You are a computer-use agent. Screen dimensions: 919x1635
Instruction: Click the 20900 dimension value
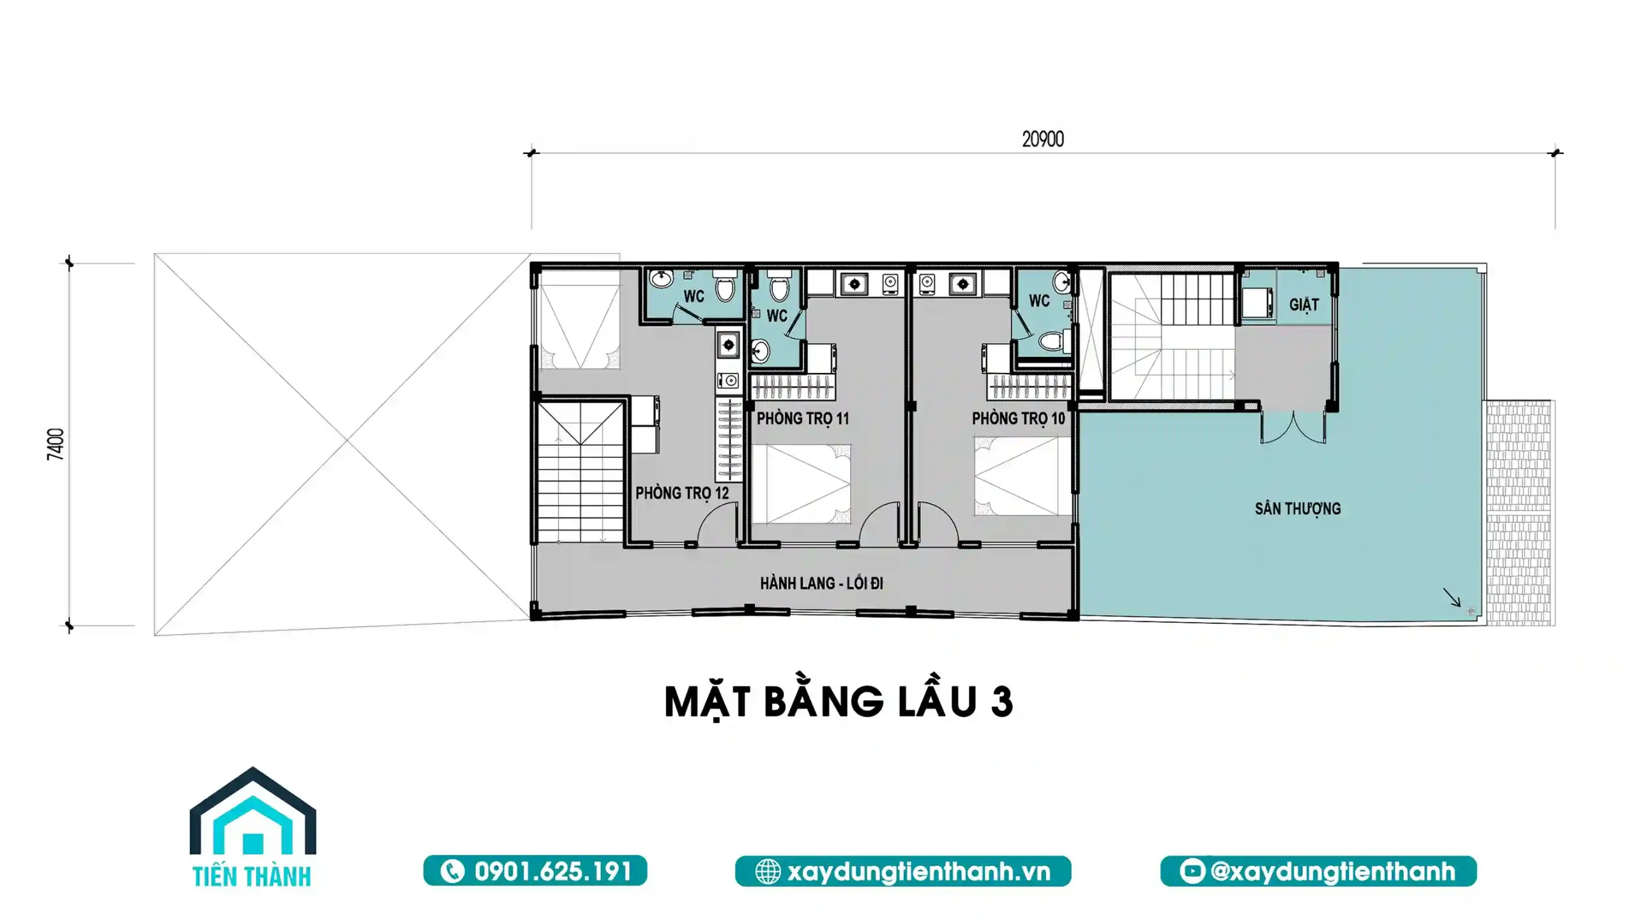[x=1042, y=139]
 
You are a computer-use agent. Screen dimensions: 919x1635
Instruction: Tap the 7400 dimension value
[x=56, y=444]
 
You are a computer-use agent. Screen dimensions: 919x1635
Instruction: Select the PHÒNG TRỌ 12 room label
[x=681, y=493]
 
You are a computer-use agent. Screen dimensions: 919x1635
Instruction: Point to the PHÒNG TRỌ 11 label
[x=803, y=419]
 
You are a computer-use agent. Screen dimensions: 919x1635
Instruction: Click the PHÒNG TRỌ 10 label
[x=1018, y=419]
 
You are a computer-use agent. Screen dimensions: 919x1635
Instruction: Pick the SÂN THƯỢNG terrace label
[x=1297, y=509]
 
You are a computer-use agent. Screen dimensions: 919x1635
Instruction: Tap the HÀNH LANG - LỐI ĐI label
[x=821, y=583]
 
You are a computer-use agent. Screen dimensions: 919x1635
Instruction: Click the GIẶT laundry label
[x=1304, y=305]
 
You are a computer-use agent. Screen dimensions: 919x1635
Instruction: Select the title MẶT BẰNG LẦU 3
[x=838, y=702]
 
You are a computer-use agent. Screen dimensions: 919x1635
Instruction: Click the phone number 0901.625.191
[x=535, y=871]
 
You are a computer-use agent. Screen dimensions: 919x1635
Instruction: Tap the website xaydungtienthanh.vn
[x=902, y=871]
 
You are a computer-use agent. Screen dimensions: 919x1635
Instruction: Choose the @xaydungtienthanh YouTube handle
[x=1318, y=871]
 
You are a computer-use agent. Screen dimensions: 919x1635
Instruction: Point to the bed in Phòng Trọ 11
[x=801, y=483]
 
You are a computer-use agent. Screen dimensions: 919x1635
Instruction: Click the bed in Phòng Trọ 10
[x=1022, y=476]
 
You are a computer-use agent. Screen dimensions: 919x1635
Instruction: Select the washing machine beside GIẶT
[x=1256, y=303]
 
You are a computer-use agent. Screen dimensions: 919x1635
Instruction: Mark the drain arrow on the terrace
[x=1451, y=598]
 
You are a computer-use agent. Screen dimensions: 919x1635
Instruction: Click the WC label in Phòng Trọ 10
[x=1039, y=300]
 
